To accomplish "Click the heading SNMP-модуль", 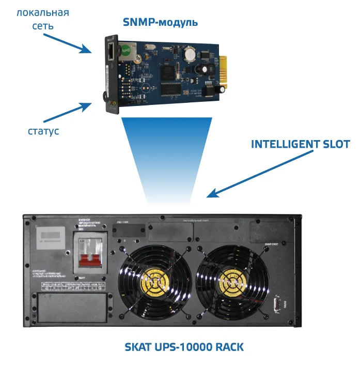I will click(x=160, y=22).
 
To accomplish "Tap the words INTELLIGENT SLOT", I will click(x=300, y=144).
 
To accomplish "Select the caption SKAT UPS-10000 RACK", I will click(x=184, y=346).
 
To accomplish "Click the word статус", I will click(x=43, y=131).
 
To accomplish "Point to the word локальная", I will click(x=43, y=12).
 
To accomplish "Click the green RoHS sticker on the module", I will click(x=124, y=50).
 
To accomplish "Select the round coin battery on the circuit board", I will click(x=190, y=53).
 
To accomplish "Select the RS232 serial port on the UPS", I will click(x=276, y=304).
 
